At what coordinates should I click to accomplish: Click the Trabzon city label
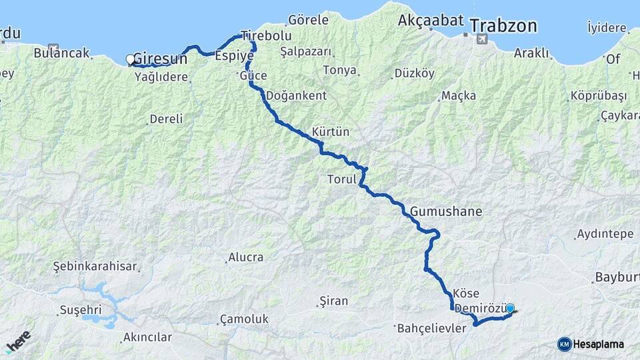point(503,26)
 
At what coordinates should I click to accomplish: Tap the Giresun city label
point(161,59)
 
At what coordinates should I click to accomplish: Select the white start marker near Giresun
point(130,59)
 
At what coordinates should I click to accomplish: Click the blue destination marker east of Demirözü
point(510,309)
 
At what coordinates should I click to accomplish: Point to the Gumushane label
point(445,211)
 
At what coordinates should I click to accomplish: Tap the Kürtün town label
point(331,131)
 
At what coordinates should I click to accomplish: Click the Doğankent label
point(297,95)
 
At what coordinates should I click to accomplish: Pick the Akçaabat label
point(431,21)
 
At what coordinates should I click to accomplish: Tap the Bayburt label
point(616,277)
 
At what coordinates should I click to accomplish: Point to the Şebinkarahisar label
point(95,267)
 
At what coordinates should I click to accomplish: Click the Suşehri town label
point(80,310)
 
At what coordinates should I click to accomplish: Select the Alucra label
point(245,257)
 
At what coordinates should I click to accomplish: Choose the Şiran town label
point(333,301)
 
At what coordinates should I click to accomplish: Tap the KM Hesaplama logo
point(591,344)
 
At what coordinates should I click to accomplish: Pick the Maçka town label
point(459,96)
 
